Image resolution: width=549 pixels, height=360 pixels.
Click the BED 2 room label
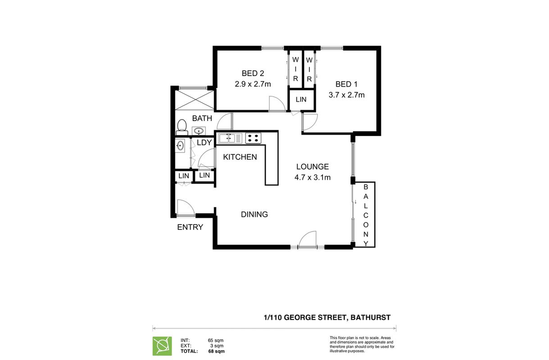pyautogui.click(x=253, y=73)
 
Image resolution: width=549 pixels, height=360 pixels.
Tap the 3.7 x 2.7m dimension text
pyautogui.click(x=346, y=95)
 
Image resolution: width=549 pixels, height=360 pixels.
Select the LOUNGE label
pyautogui.click(x=313, y=166)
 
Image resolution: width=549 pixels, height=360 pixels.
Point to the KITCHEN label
pyautogui.click(x=240, y=157)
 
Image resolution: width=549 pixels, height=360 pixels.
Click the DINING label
pyautogui.click(x=254, y=214)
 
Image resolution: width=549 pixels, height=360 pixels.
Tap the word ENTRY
pyautogui.click(x=190, y=227)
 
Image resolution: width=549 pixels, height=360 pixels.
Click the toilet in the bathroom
pyautogui.click(x=182, y=127)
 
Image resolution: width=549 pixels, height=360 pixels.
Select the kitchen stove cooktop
pyautogui.click(x=254, y=138)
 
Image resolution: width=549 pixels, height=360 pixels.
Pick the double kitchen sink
pyautogui.click(x=231, y=138)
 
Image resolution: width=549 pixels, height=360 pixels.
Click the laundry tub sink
pyautogui.click(x=180, y=146)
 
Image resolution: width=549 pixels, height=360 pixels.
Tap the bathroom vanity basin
pyautogui.click(x=199, y=131)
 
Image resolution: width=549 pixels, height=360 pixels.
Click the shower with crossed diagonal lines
pyautogui.click(x=195, y=100)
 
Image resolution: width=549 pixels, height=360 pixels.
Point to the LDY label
pyautogui.click(x=204, y=143)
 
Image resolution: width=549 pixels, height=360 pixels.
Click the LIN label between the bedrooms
pyautogui.click(x=301, y=99)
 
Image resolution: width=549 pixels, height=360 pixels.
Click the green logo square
pyautogui.click(x=162, y=346)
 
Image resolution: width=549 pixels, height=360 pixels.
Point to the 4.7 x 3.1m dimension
pyautogui.click(x=313, y=177)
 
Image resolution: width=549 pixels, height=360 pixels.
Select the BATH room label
pyautogui.click(x=202, y=118)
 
